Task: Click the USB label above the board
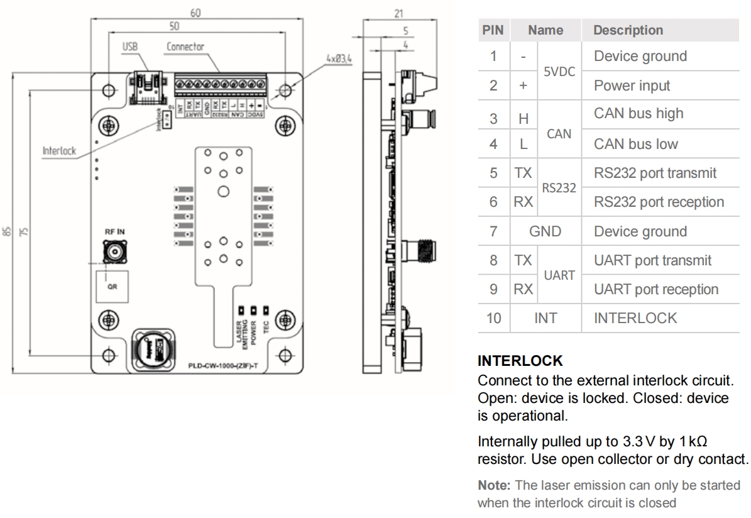coord(130,47)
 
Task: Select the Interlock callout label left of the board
coord(59,152)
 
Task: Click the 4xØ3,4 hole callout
coord(340,58)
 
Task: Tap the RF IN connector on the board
coord(115,253)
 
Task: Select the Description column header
coord(628,30)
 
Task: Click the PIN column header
coord(493,30)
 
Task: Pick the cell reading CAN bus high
coord(639,114)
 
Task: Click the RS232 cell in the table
coord(559,187)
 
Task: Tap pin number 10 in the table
coord(493,318)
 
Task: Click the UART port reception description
coord(655,290)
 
